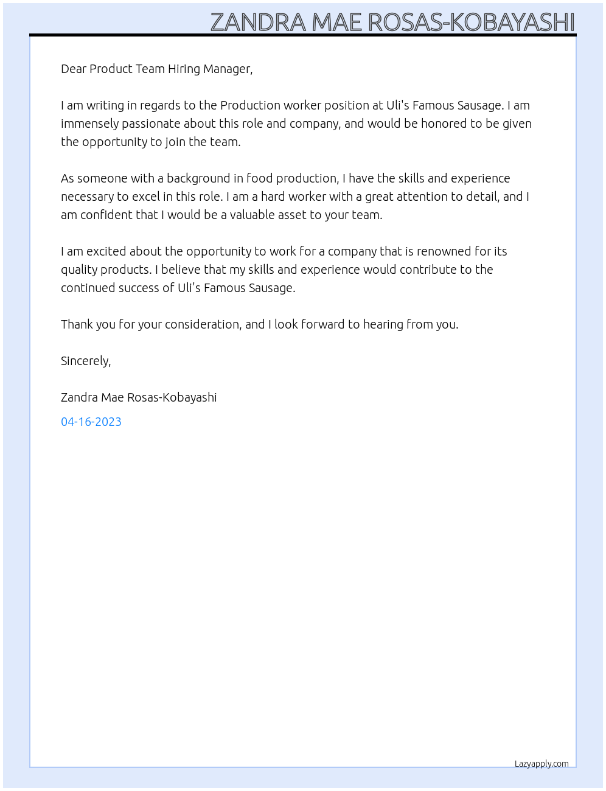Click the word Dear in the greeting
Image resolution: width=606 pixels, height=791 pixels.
coord(74,69)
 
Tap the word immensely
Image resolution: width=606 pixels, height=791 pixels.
coord(90,124)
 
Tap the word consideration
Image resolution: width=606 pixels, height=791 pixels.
coord(203,324)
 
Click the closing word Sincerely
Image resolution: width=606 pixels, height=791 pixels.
coord(86,361)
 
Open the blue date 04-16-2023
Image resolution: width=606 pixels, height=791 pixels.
coord(91,422)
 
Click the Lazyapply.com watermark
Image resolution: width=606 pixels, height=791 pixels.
coord(542,764)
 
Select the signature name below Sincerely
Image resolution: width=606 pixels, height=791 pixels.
coord(139,397)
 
